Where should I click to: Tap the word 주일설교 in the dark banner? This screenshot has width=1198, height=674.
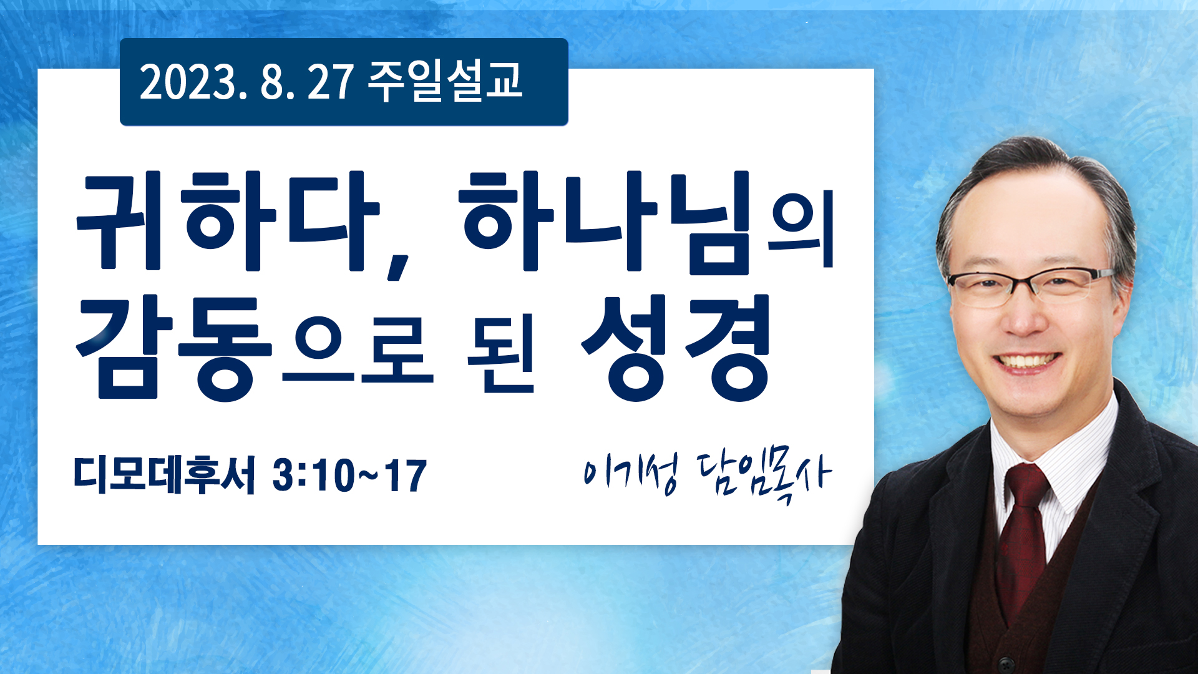(x=444, y=81)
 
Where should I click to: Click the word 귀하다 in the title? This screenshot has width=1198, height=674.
(x=228, y=222)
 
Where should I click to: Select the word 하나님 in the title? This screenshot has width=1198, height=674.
(x=604, y=222)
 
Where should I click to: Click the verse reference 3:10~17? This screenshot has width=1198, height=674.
(x=349, y=476)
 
